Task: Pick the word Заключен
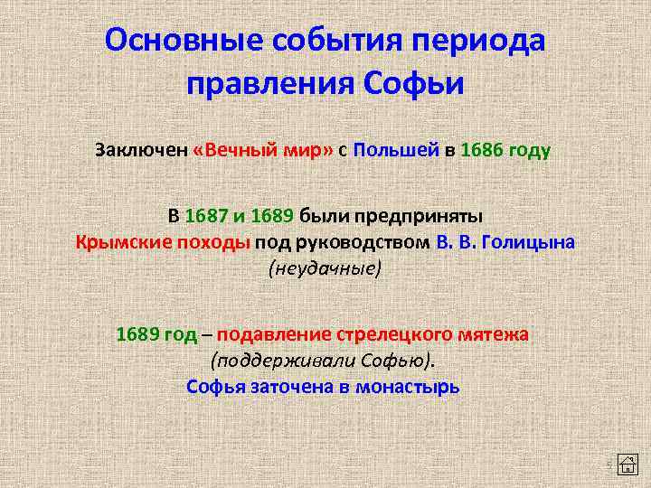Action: (141, 149)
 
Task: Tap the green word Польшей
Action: (396, 149)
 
